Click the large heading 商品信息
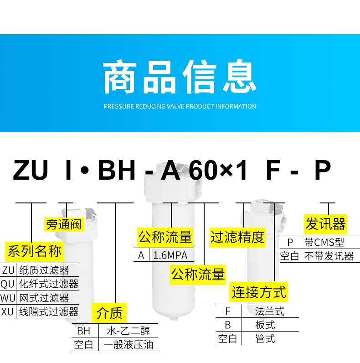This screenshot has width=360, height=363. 180,78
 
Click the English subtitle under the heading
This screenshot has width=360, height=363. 180,106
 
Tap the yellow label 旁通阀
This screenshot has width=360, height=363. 63,224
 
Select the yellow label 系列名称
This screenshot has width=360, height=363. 35,251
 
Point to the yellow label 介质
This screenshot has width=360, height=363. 109,313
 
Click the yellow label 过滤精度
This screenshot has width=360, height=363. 237,237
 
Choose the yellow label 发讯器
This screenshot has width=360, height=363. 325,224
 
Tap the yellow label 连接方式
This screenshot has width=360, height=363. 259,292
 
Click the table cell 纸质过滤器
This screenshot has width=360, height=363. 44,271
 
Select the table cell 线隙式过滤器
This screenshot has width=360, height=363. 48,312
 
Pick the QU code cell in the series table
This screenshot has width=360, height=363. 8,285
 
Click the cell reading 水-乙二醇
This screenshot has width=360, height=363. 128,331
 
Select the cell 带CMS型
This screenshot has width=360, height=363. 324,242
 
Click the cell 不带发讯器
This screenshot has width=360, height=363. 329,256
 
